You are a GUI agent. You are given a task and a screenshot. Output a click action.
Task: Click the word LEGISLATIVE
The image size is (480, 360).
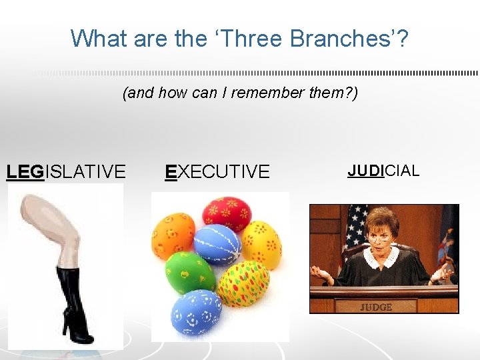click(66, 172)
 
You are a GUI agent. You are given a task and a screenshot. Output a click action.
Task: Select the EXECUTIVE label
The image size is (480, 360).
click(217, 172)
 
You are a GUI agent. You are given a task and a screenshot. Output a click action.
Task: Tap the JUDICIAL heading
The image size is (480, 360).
click(383, 170)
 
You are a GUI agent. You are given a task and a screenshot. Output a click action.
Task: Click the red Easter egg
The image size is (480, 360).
click(227, 213)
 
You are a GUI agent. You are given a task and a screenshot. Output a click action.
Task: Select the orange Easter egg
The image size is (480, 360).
click(173, 236)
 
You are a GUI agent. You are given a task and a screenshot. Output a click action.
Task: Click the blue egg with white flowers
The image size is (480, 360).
click(196, 314)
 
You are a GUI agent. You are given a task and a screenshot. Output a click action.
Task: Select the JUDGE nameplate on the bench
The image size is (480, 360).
click(376, 307)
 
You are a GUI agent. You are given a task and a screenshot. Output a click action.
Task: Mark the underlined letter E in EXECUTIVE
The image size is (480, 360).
click(171, 172)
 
